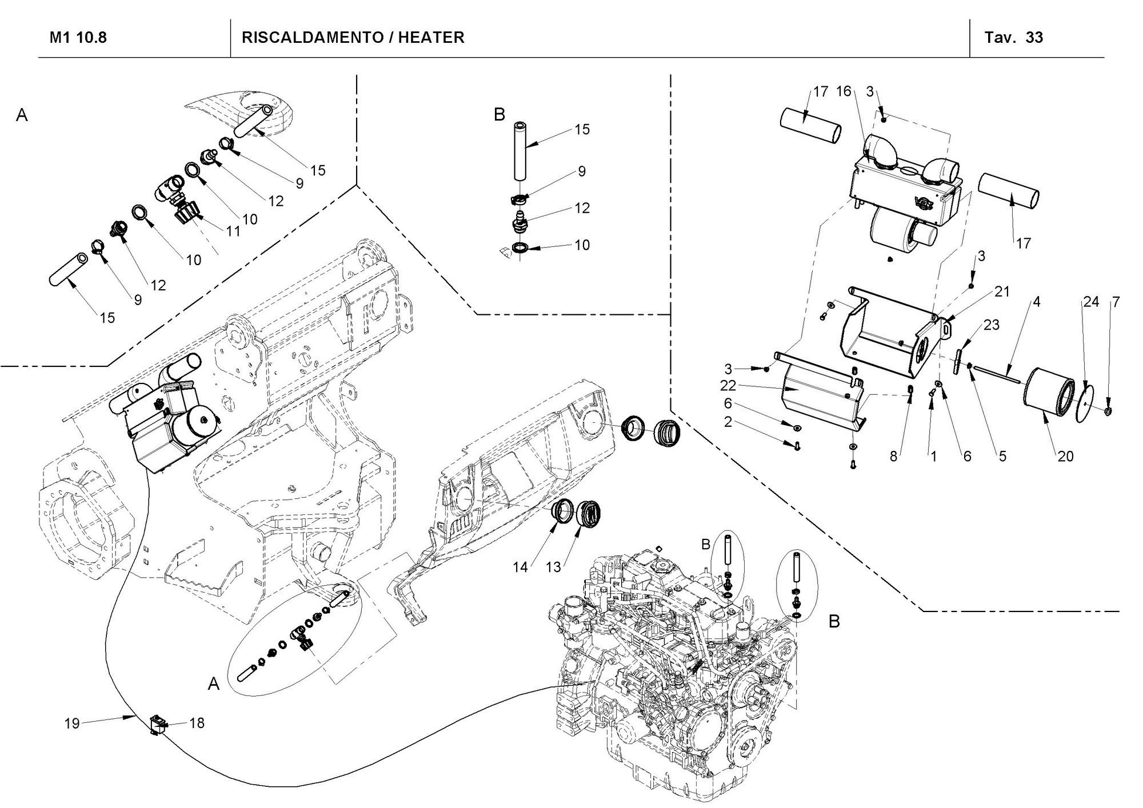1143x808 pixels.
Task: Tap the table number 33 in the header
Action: coord(1034,38)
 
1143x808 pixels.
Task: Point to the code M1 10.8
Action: coord(78,38)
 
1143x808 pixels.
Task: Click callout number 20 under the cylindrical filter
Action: coord(1065,456)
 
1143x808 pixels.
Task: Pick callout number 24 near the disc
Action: coord(1091,302)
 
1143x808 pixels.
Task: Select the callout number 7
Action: coord(1115,302)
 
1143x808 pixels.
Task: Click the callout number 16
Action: coord(844,91)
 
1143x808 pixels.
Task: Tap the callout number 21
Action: coord(1002,291)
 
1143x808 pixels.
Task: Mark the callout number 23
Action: coord(992,325)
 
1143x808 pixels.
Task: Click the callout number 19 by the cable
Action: coord(71,723)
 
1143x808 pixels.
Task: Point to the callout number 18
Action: coord(197,723)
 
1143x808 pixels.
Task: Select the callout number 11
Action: coord(233,231)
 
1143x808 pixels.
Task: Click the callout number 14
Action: coord(520,567)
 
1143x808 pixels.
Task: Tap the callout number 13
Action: coord(553,567)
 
